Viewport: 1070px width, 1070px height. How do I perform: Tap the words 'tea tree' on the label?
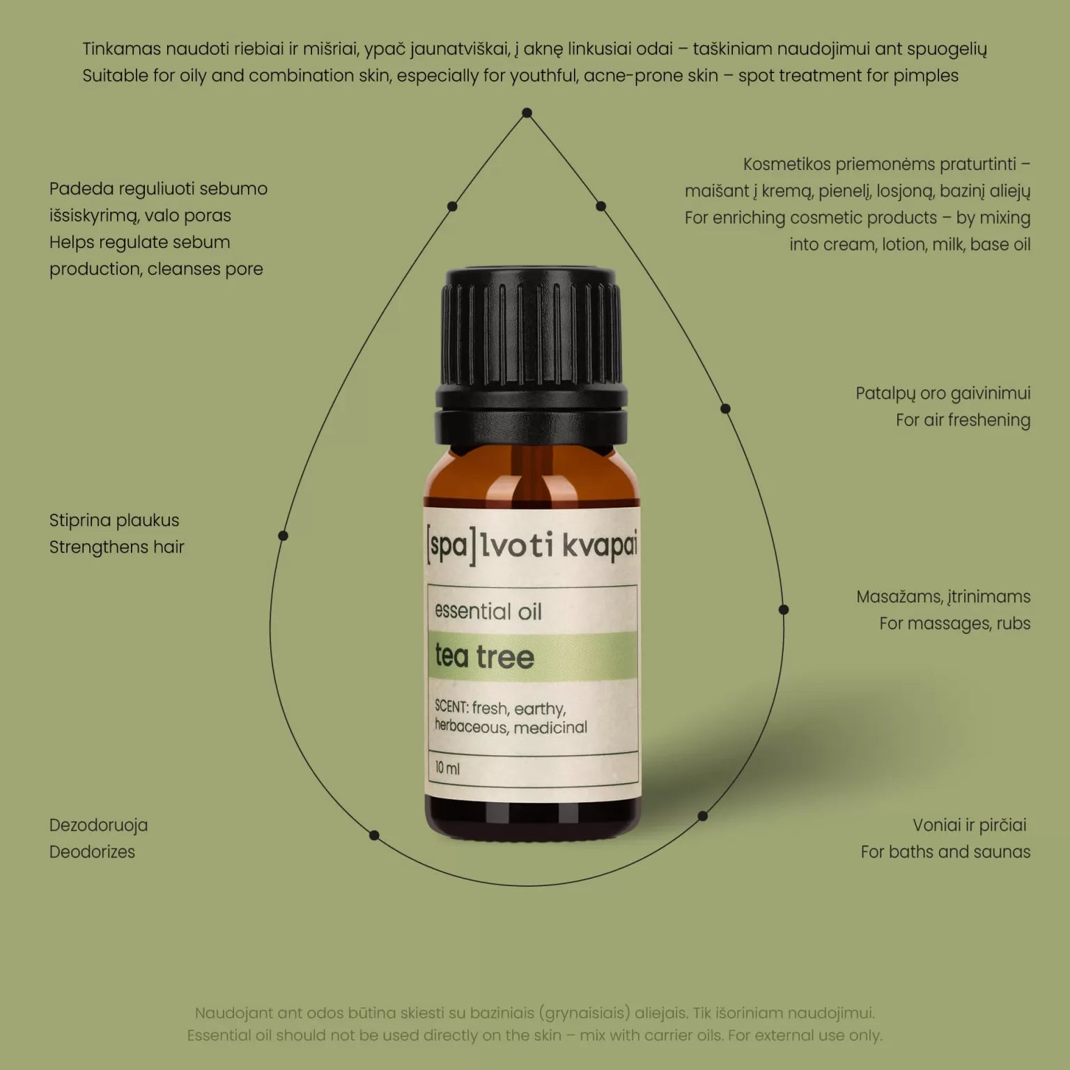click(x=485, y=656)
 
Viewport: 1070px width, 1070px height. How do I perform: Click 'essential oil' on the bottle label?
click(x=488, y=611)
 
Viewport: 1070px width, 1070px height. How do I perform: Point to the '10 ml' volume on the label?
click(x=447, y=768)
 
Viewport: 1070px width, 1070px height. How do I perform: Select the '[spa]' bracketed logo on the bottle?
click(x=452, y=547)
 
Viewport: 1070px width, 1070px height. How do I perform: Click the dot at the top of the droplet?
click(x=527, y=113)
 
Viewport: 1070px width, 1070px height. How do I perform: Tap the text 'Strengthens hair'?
click(x=116, y=547)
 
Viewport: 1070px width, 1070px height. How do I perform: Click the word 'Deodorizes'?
click(x=92, y=851)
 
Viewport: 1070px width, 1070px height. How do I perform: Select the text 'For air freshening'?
click(x=963, y=420)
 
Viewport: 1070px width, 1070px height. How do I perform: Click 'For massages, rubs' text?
click(x=954, y=623)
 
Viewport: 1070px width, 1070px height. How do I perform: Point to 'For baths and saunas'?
click(x=945, y=851)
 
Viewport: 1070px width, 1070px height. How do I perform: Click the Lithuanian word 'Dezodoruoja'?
click(x=98, y=825)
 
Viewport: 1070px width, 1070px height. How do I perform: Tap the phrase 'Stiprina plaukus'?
click(x=114, y=520)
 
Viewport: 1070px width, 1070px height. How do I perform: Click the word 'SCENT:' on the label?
click(x=451, y=706)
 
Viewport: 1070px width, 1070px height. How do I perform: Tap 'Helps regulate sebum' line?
click(x=139, y=242)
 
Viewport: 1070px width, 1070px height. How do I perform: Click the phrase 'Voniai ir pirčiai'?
click(x=970, y=825)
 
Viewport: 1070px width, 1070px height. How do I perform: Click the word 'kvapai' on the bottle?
click(x=599, y=545)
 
